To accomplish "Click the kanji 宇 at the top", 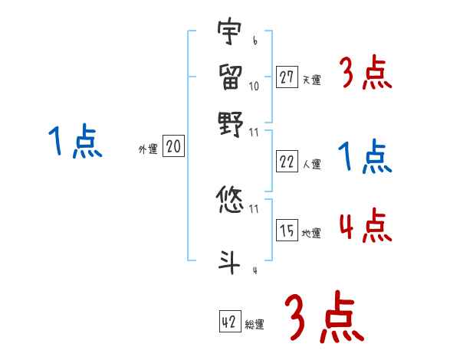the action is coord(229,33).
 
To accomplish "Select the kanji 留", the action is coord(229,75).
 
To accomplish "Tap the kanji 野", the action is coord(229,123).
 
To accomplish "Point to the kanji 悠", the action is coord(229,200).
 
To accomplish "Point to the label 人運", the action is coord(311,164).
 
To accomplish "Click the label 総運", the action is coord(254,325).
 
